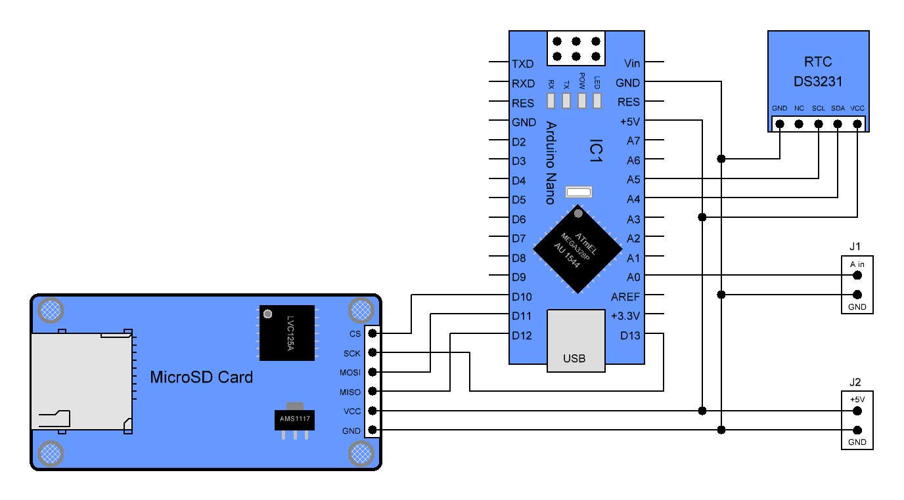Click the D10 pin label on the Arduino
click(522, 297)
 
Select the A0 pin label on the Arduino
click(633, 277)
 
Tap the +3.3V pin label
click(625, 316)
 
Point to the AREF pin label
click(625, 297)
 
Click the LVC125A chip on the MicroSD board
click(287, 333)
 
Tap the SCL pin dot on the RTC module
click(819, 123)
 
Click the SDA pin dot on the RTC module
click(838, 123)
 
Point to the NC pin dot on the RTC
click(799, 123)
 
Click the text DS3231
click(818, 82)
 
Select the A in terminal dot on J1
click(857, 276)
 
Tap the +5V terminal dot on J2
click(857, 411)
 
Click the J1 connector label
click(855, 247)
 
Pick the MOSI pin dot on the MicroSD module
click(373, 372)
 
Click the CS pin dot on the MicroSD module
click(373, 333)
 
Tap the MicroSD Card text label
click(201, 377)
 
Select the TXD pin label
click(523, 64)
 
